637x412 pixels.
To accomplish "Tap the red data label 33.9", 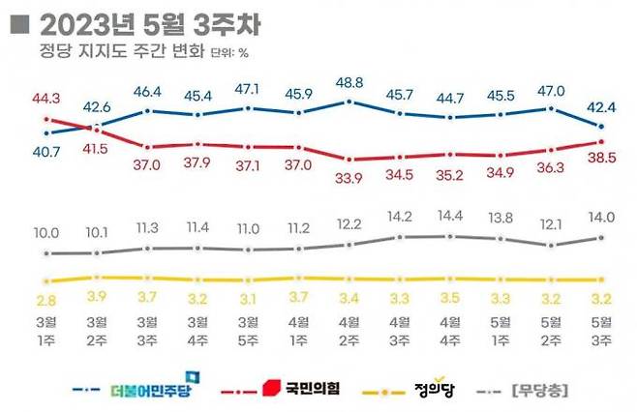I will tap(350, 177).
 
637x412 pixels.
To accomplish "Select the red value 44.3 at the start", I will tap(46, 97).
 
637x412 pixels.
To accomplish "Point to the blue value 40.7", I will tap(46, 151).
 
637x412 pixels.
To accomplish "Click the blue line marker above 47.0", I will tap(551, 108).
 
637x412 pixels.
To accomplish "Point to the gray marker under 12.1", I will tap(551, 245).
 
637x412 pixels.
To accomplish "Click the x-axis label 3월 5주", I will tap(248, 331).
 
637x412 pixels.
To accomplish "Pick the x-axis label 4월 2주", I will tap(350, 331).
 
